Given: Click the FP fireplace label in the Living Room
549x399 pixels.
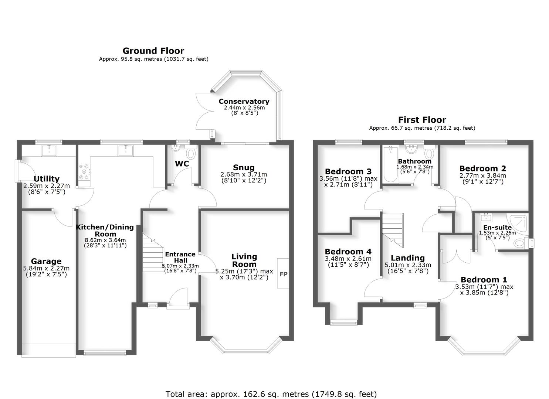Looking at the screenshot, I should pyautogui.click(x=283, y=274).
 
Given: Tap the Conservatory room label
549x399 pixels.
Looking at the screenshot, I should pyautogui.click(x=244, y=101).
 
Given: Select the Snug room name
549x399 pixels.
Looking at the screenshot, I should pyautogui.click(x=243, y=167).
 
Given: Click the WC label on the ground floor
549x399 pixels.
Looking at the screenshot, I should pyautogui.click(x=182, y=164).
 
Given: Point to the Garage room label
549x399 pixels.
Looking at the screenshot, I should pyautogui.click(x=46, y=262).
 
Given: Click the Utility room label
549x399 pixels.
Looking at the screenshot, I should pyautogui.click(x=47, y=179).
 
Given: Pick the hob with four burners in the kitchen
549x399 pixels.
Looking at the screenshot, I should pyautogui.click(x=84, y=171).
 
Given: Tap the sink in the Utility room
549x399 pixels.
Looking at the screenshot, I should pyautogui.click(x=49, y=150).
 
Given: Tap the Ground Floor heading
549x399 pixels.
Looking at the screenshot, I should pyautogui.click(x=153, y=51).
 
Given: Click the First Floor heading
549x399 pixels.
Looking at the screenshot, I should pyautogui.click(x=422, y=120).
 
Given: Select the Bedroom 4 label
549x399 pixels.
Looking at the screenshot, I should pyautogui.click(x=348, y=252).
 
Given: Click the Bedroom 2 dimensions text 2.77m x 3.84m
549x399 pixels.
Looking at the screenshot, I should pyautogui.click(x=482, y=175).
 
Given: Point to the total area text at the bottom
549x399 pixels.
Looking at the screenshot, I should pyautogui.click(x=271, y=394).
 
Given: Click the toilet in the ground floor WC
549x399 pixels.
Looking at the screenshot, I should pyautogui.click(x=191, y=153).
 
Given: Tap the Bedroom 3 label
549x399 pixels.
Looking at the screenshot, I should pyautogui.click(x=348, y=171).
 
